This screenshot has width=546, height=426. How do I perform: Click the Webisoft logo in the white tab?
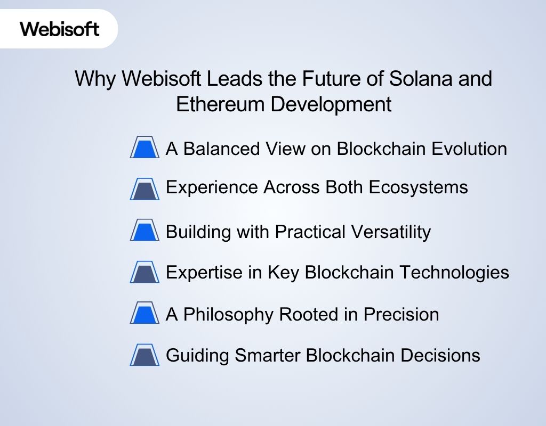coord(60,28)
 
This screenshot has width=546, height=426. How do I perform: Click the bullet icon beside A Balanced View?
coord(144,148)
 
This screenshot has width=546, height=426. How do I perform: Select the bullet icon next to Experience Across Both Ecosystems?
coord(144,189)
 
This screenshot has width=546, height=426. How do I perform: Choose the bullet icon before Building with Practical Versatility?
coord(144,230)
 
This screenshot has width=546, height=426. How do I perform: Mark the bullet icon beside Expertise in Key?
coord(144,273)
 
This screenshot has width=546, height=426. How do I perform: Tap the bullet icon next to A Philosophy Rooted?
coord(144,313)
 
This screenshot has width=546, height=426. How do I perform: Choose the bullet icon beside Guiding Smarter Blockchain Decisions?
coord(144,355)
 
